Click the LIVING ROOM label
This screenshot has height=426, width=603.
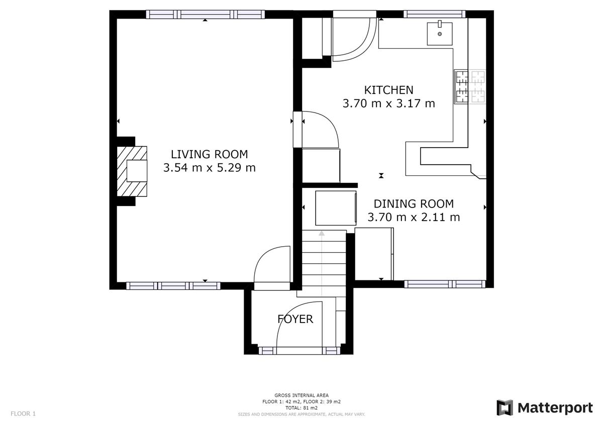(x=209, y=154)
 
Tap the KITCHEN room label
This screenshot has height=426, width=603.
(x=388, y=90)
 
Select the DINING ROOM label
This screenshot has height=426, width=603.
(x=414, y=204)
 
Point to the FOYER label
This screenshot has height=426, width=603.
(x=295, y=319)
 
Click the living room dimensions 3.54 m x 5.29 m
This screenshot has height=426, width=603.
(x=209, y=168)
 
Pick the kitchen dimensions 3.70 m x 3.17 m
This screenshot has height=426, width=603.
(x=388, y=103)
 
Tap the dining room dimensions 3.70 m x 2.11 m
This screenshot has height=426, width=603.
(x=414, y=217)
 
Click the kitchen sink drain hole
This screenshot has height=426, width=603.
(x=440, y=34)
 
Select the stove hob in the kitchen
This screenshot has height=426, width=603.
(x=470, y=86)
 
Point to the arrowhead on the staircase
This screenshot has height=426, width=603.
(x=322, y=233)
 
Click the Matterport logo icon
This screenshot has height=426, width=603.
(x=505, y=408)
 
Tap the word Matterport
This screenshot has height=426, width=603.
(x=555, y=408)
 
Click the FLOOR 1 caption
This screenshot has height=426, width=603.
(x=23, y=413)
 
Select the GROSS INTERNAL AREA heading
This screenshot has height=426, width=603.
(x=301, y=395)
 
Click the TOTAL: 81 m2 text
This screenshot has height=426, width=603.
(x=301, y=408)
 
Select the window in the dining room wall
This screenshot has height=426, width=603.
(x=445, y=284)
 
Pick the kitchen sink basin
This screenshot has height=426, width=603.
(x=440, y=34)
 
